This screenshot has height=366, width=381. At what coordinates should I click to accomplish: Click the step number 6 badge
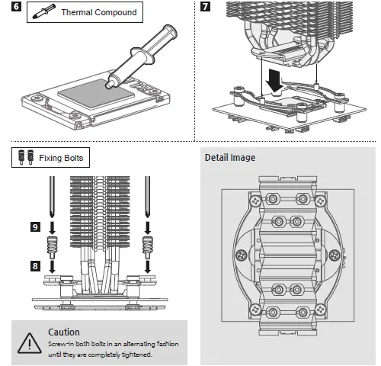pos(16,6)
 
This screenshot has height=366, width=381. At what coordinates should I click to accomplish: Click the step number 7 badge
pos(205,6)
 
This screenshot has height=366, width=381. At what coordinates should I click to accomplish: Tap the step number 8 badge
pos(35,266)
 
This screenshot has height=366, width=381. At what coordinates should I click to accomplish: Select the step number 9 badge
pos(35,226)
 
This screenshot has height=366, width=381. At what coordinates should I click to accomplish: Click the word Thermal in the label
pos(77,12)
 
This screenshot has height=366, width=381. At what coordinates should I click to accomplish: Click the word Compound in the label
pos(116,12)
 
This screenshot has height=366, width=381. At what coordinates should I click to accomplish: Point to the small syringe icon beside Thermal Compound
pos(43,11)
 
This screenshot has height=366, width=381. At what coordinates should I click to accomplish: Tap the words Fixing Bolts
pos(61,158)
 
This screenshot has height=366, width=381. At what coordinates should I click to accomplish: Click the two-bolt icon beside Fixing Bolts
pos(26,157)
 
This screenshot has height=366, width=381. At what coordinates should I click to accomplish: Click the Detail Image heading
pos(230,158)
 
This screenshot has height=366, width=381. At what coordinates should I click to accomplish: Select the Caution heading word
pos(64,332)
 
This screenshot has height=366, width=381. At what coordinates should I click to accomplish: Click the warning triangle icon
pos(30,343)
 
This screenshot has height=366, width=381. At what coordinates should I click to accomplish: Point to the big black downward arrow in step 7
pos(274,81)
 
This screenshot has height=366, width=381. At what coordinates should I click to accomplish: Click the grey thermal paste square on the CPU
pos(96,93)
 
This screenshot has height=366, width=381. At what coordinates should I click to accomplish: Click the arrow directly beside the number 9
pos(52,228)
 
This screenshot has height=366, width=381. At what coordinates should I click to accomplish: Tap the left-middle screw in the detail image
pos(242,255)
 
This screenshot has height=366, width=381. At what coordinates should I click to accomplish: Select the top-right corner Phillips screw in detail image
pos(321,201)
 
